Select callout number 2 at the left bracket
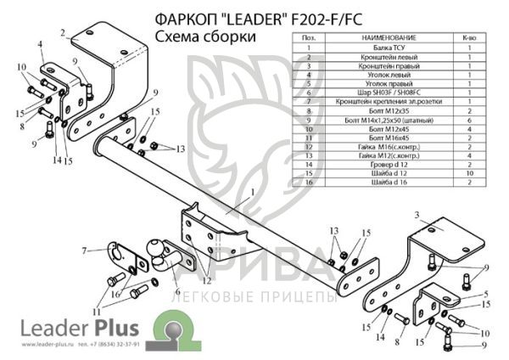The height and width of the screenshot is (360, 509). (63, 34)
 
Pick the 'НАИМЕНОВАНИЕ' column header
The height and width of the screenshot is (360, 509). (387, 38)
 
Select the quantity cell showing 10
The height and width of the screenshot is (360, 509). (468, 172)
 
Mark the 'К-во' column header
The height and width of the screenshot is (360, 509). (468, 38)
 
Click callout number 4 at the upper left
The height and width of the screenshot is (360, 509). (39, 42)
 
